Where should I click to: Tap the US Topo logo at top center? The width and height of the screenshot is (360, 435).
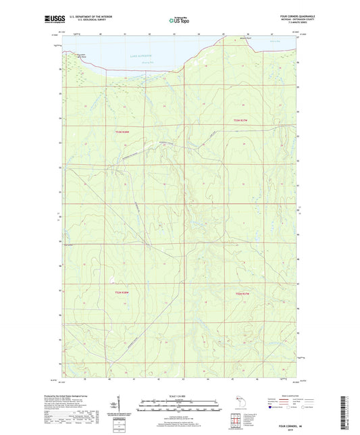tap(179, 21)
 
